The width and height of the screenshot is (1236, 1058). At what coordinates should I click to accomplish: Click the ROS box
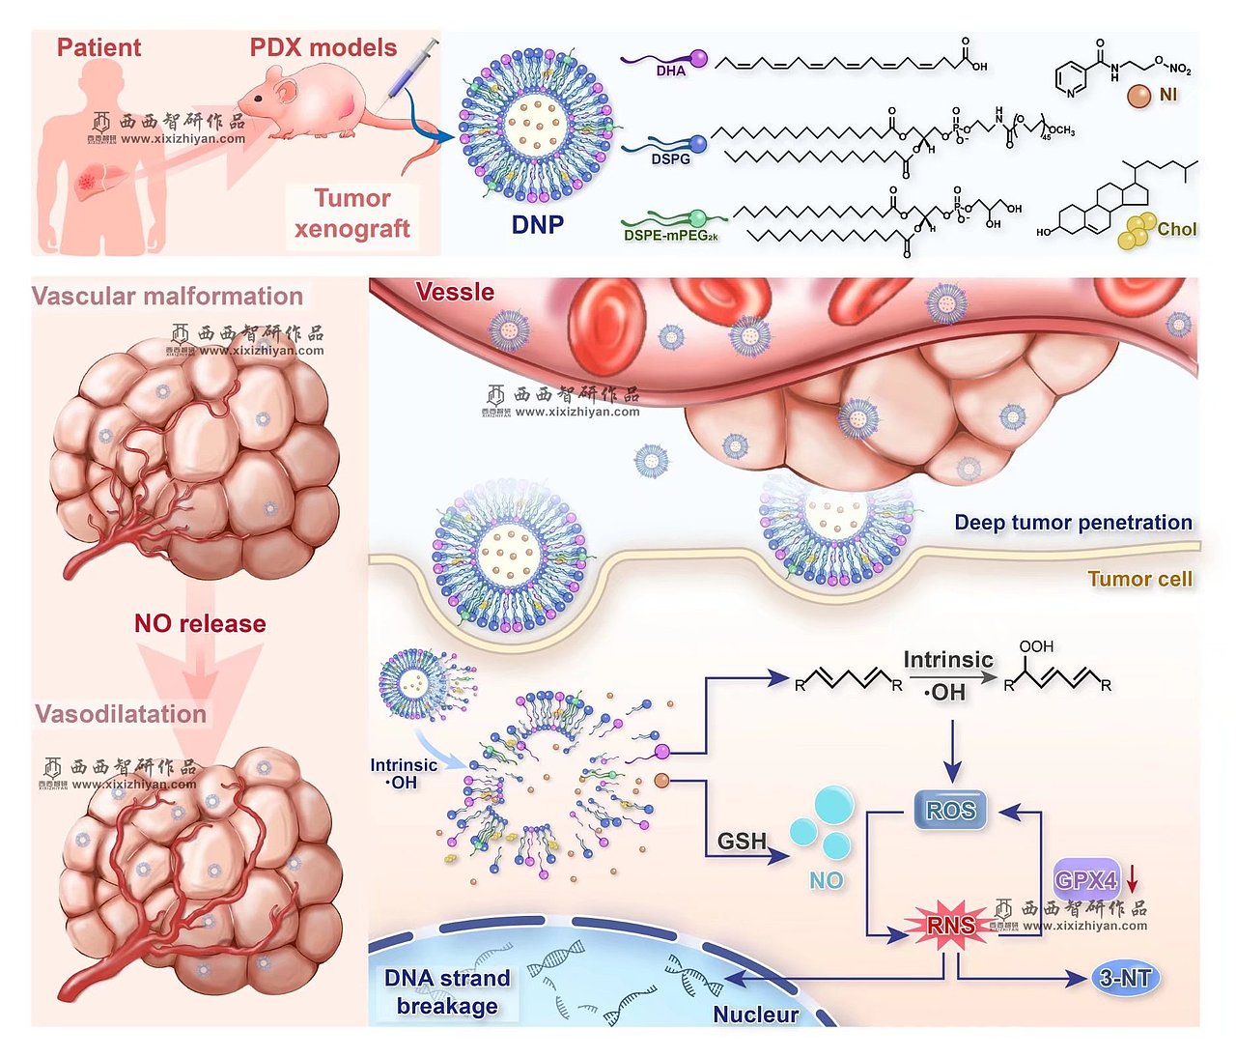(x=951, y=811)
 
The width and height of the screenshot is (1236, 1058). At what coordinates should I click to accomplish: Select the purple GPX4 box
(x=1086, y=879)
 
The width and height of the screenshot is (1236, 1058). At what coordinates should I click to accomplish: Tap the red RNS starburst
(x=951, y=927)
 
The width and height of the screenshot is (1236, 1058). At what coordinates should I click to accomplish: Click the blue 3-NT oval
(x=1125, y=978)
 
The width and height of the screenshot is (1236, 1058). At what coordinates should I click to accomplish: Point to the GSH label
(x=742, y=842)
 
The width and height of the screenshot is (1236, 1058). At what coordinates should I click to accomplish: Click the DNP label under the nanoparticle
(x=538, y=225)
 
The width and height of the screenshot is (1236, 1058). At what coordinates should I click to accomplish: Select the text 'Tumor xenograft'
(x=352, y=214)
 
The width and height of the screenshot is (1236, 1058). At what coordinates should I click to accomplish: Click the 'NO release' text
(x=200, y=623)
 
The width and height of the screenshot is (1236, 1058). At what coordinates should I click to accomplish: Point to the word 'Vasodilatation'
(x=121, y=714)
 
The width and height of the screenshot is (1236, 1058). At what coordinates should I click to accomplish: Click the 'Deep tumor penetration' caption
(x=1073, y=523)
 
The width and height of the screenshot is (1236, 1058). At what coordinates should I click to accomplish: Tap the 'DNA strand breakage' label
(x=447, y=992)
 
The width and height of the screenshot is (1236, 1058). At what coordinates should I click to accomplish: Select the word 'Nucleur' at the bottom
(x=755, y=1015)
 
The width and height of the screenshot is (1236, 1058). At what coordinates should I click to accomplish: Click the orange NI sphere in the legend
(x=1139, y=96)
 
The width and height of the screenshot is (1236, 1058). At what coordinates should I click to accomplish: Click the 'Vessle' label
(x=455, y=292)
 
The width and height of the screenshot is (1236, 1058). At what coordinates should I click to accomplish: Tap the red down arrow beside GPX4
(x=1133, y=878)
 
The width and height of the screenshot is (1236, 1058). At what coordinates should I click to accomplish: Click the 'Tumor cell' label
(x=1139, y=579)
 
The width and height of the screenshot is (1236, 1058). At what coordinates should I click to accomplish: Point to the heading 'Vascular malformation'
(x=167, y=297)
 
